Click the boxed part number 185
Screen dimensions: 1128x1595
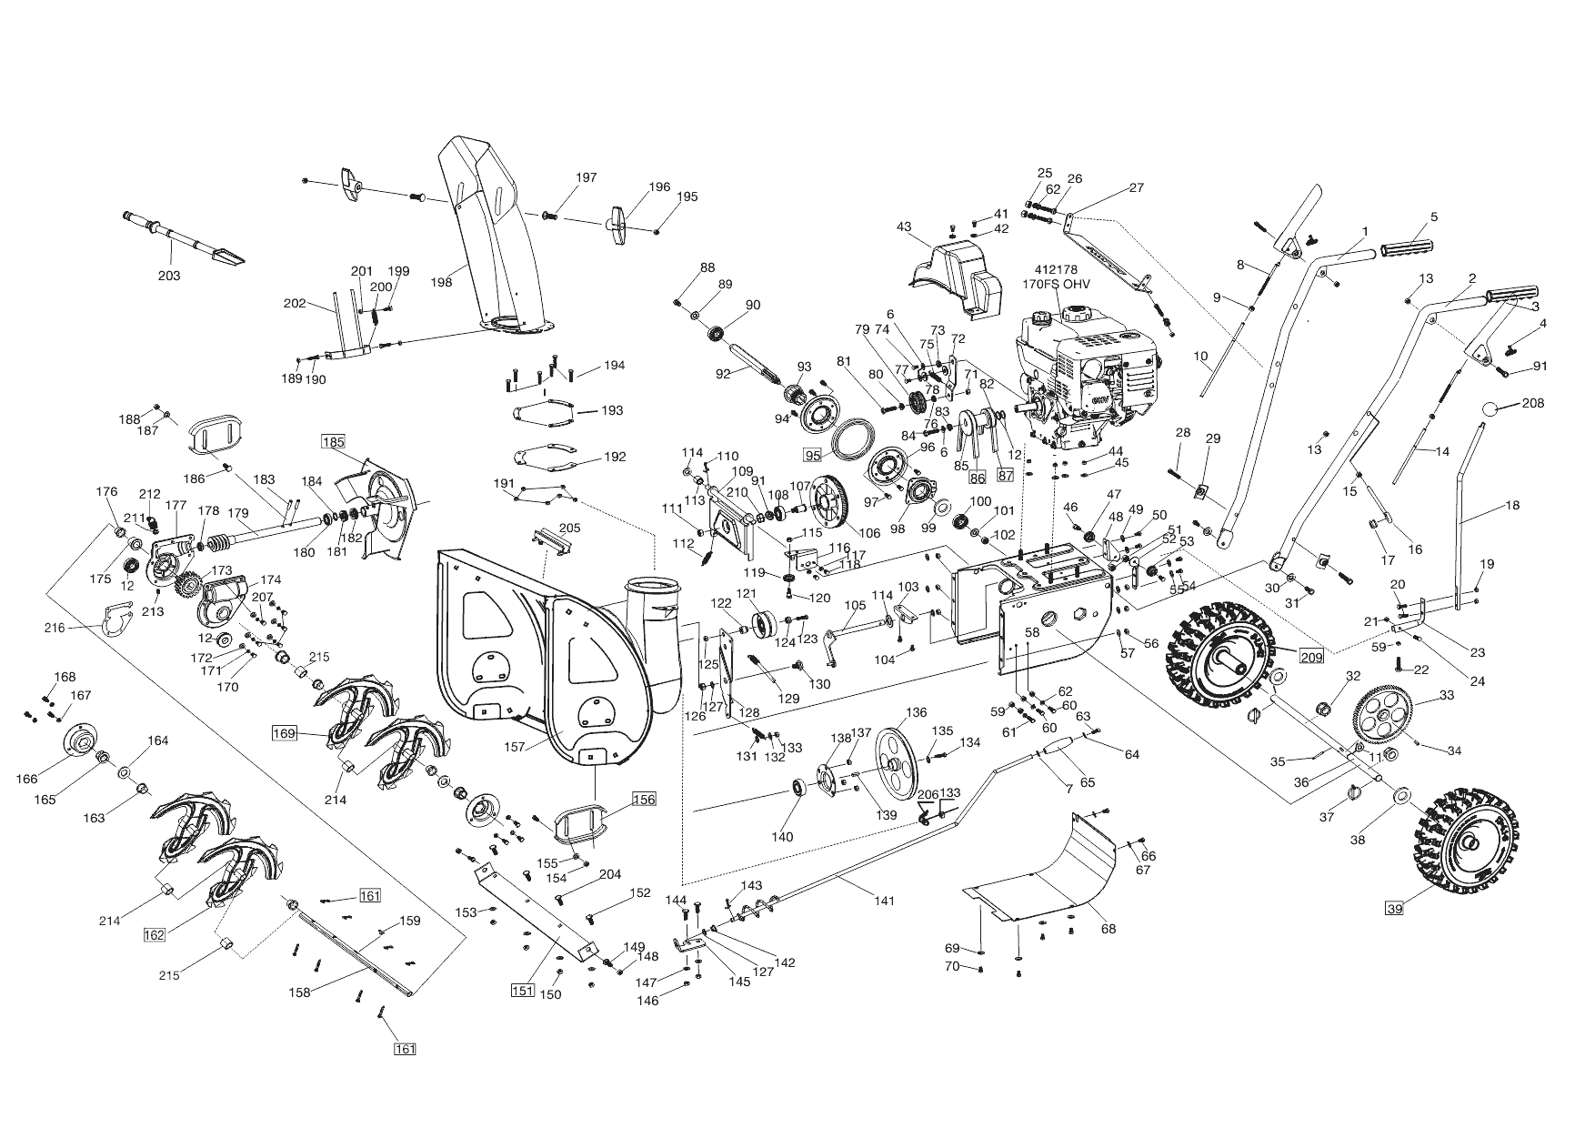point(333,442)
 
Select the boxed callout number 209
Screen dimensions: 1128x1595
point(1310,658)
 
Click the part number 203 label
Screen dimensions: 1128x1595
point(169,276)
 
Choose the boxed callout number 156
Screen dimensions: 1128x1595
point(643,800)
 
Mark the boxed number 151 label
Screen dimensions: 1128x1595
point(522,991)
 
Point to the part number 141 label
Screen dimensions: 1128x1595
point(884,901)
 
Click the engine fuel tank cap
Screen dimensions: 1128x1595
point(1077,312)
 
